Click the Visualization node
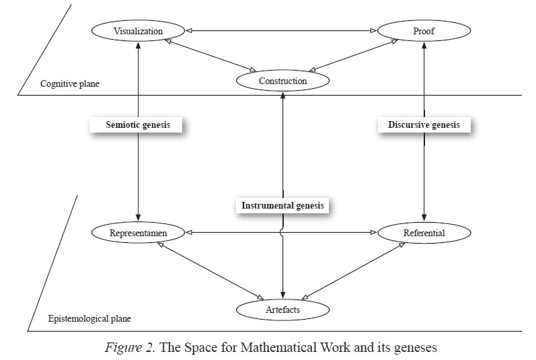137,31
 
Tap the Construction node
282,81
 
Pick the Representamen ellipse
137,233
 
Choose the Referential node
424,233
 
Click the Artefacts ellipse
282,309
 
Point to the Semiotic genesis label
137,125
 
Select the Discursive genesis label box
424,125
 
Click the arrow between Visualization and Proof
280,30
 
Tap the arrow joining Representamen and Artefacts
208,271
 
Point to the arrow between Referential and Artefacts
353,271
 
